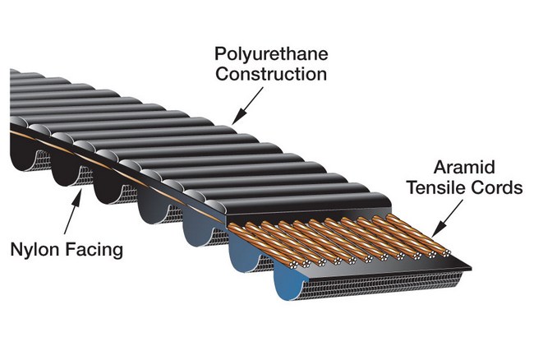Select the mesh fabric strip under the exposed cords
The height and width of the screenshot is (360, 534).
[345, 284]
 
